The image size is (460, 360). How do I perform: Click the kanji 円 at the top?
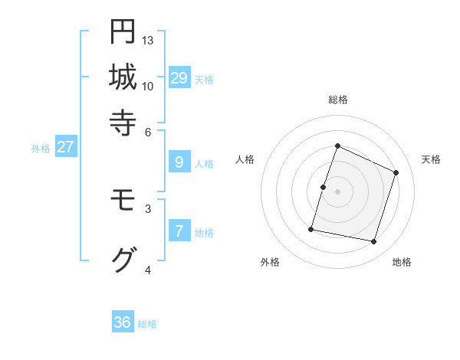[x=123, y=31]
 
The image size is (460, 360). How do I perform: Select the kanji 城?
[x=123, y=77]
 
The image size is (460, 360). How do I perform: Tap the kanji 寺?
[x=123, y=121]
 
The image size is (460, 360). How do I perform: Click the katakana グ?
[x=123, y=259]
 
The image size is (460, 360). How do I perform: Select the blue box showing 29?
[x=179, y=78]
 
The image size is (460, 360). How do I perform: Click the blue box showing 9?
[x=179, y=162]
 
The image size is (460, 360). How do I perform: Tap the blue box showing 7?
[x=179, y=231]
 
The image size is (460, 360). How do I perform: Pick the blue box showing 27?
[x=65, y=148]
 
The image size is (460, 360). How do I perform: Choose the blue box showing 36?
[x=123, y=322]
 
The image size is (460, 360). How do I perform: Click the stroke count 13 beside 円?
[x=148, y=40]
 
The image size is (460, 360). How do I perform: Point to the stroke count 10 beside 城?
[x=148, y=86]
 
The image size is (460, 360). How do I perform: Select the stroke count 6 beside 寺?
[x=148, y=131]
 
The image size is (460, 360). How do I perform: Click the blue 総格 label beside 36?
[x=147, y=324]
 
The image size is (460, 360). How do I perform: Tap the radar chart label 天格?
[x=431, y=159]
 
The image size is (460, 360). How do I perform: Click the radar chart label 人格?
[x=245, y=159]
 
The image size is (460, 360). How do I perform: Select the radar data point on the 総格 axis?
[x=337, y=146]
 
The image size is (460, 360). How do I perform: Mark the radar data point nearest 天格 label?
[x=396, y=172]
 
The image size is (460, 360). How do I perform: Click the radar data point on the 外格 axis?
[x=311, y=228]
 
